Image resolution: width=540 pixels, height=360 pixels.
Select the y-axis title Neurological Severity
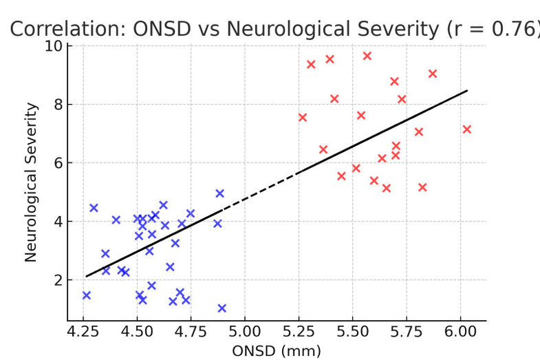(31, 182)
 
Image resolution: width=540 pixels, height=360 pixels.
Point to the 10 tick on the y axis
(53, 46)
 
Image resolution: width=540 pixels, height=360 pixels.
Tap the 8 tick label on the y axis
(57, 105)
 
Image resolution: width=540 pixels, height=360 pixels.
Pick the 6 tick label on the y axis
(57, 163)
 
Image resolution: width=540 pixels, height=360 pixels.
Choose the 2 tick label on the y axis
(57, 280)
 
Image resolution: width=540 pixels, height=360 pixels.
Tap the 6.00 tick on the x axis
(461, 332)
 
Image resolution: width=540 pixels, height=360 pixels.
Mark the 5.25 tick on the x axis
(299, 332)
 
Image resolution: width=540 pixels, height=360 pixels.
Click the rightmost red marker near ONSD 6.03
(467, 129)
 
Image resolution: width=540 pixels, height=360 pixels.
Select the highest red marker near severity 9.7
(367, 56)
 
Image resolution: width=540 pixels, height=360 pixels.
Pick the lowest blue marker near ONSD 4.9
(222, 308)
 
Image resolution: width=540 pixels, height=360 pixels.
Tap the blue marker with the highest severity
(220, 193)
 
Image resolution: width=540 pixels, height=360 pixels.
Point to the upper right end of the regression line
(467, 90)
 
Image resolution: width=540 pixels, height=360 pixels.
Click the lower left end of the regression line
(86, 276)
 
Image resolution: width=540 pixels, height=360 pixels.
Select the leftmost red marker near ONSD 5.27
(303, 118)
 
